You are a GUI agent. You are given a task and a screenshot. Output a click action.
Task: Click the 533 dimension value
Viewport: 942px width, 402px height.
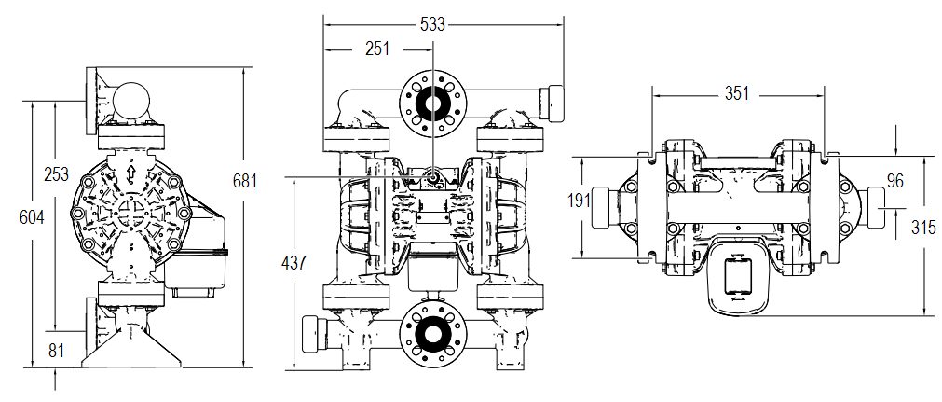point(432,25)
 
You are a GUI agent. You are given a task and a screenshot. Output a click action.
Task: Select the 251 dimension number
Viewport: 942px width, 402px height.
point(376,49)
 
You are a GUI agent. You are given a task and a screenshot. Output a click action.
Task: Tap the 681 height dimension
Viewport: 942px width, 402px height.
point(244,181)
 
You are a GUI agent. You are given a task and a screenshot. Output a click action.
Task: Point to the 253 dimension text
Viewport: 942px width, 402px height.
point(57,173)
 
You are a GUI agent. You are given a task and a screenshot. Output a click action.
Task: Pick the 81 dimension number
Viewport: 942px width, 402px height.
point(57,351)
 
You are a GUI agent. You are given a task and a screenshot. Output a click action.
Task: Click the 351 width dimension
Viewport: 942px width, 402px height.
point(738,94)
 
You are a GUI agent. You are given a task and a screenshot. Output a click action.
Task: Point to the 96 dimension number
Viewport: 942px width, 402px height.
point(895,181)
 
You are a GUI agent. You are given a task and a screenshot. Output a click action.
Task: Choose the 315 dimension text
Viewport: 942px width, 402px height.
point(924,228)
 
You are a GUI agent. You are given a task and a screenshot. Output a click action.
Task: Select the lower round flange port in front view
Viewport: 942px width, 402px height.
point(432,334)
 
